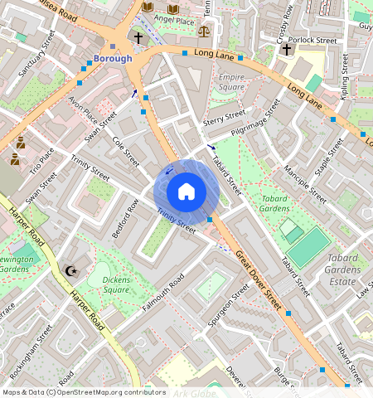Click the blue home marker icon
pos(186,192)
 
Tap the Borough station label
pos(112,59)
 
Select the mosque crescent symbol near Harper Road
pos(70,270)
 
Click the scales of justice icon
pos(204,31)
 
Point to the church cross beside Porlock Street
pos(286,50)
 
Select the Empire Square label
pos(231,81)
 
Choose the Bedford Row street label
pos(124,218)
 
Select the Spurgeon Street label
pos(229,308)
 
